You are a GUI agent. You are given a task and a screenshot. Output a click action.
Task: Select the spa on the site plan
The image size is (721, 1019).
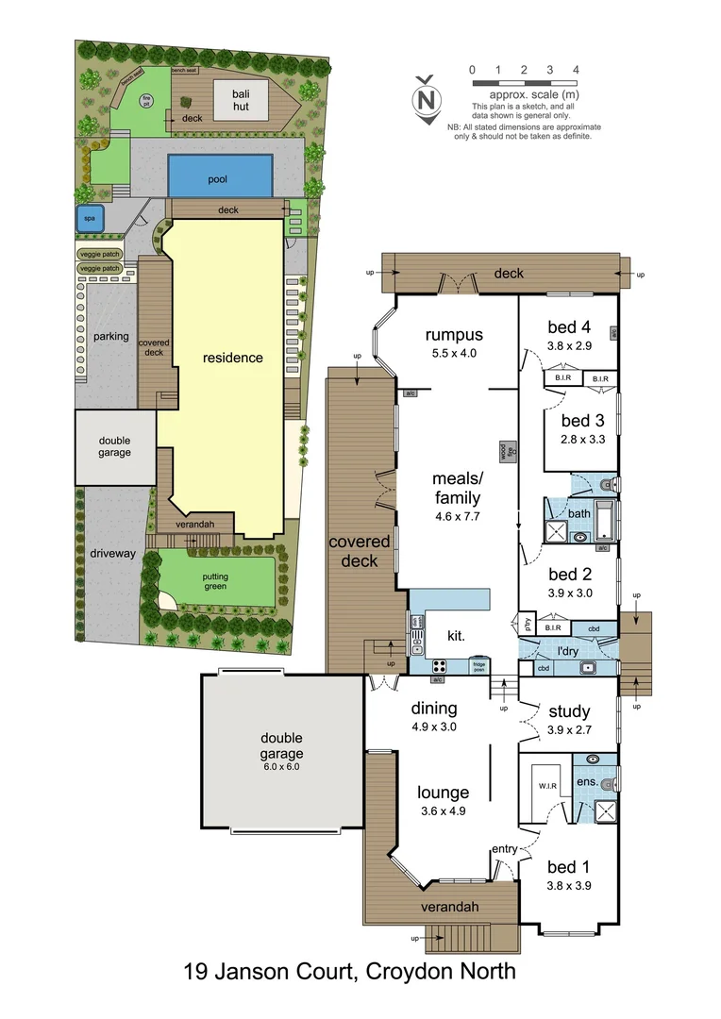[x=91, y=218]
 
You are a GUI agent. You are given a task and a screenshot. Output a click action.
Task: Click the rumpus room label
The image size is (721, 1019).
[x=454, y=335]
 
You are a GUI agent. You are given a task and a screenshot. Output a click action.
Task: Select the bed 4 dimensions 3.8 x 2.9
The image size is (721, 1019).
[x=569, y=346]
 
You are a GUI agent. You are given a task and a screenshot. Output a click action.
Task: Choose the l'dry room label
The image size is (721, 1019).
[x=567, y=651]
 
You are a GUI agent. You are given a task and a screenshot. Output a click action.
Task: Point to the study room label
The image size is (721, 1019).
[x=569, y=711]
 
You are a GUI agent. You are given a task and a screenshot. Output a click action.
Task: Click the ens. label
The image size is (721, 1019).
[x=585, y=782]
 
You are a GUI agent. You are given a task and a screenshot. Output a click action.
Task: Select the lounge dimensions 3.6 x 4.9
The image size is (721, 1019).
[x=444, y=811]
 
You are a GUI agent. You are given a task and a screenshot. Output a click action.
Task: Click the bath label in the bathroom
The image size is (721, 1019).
[x=578, y=514]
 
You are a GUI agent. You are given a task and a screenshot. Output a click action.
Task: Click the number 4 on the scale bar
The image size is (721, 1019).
[x=576, y=70]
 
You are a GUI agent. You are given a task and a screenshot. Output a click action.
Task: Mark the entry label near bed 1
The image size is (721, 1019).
[x=504, y=849]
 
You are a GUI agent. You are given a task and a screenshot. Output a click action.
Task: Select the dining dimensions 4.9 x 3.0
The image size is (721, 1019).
[x=435, y=727]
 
